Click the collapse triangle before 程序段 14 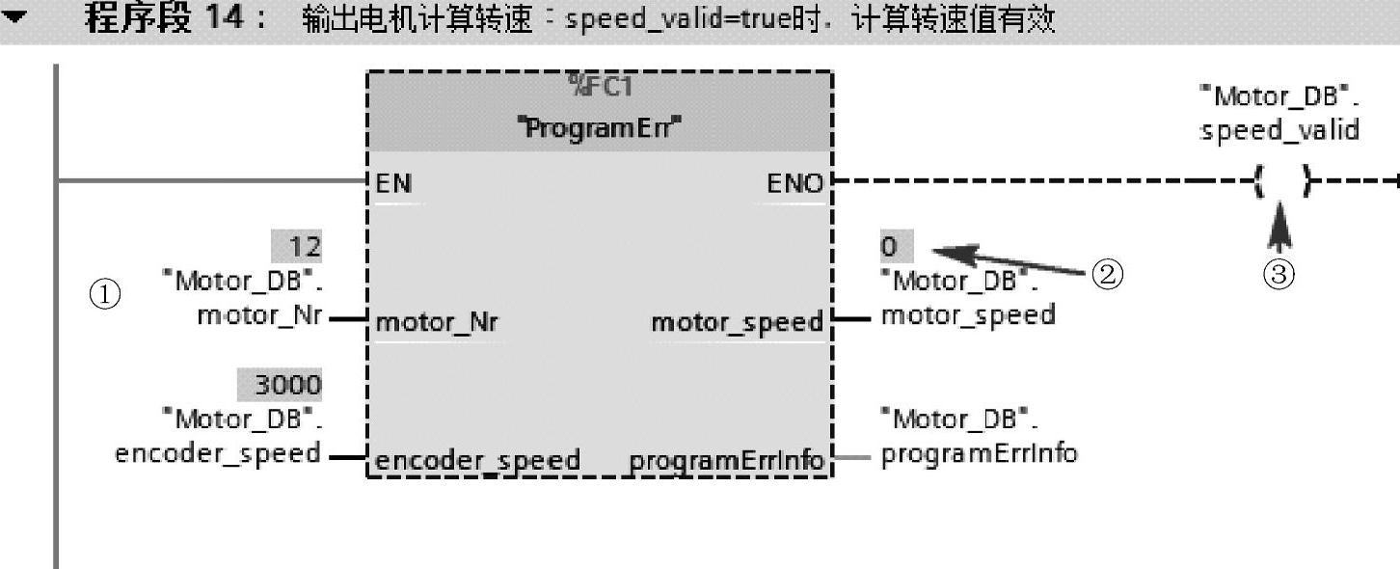[15, 18]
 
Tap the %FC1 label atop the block [599, 88]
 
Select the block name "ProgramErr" [599, 128]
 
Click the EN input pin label [393, 183]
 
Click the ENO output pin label [794, 183]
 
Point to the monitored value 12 [297, 247]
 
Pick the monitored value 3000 [281, 385]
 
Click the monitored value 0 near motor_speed [889, 247]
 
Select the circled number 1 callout [105, 294]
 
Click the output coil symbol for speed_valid [1281, 180]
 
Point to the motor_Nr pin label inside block [437, 322]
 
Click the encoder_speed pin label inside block [477, 461]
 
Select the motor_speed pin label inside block [737, 322]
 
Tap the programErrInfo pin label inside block [727, 461]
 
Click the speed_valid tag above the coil [1279, 130]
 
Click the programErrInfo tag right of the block [979, 451]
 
